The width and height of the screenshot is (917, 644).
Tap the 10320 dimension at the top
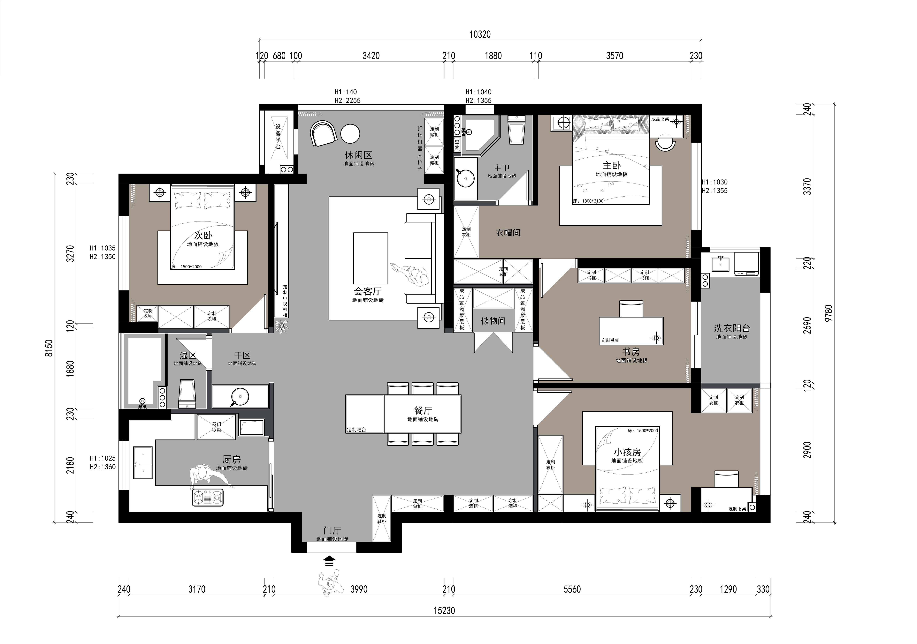[x=480, y=34]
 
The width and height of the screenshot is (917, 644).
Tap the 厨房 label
[x=232, y=460]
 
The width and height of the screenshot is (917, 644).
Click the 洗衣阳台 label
[x=732, y=328]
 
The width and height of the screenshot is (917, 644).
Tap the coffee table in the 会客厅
[x=370, y=258]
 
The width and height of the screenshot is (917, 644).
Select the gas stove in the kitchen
[x=208, y=498]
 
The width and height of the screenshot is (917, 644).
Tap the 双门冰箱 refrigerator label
[x=217, y=427]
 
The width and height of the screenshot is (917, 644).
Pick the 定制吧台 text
[x=356, y=430]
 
